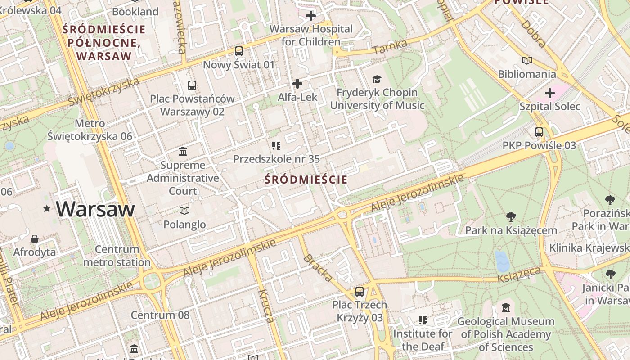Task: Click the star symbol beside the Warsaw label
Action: tap(47, 209)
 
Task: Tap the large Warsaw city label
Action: tap(95, 209)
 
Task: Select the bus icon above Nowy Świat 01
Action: tap(238, 51)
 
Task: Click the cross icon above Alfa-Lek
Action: tap(297, 84)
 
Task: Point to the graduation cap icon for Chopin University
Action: tap(377, 80)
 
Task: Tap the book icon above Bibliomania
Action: tap(527, 61)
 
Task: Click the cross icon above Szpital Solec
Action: tap(549, 94)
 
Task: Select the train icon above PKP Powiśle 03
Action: tap(539, 132)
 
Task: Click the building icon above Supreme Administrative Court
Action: tap(183, 151)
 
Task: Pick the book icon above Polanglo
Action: tap(184, 211)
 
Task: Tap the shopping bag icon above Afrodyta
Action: tap(35, 238)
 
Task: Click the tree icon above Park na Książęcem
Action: tap(511, 217)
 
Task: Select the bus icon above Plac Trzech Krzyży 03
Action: tap(359, 291)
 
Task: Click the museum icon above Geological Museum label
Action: tap(506, 308)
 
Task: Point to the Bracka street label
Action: tap(318, 268)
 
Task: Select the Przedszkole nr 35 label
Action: tap(276, 159)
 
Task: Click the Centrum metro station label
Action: tap(117, 256)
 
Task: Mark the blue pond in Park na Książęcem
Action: tap(502, 261)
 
